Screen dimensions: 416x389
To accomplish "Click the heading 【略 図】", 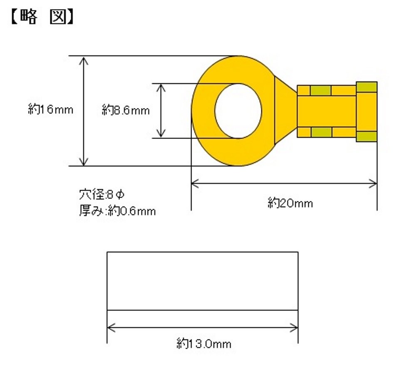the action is [x=42, y=17].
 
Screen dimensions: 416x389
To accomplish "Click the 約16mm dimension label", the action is [x=51, y=109].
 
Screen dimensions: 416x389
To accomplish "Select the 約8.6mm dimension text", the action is [x=126, y=110].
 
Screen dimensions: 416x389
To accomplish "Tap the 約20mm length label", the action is [x=290, y=203].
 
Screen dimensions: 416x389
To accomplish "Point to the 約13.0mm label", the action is [x=204, y=344].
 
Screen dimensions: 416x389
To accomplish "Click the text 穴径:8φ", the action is [x=102, y=195].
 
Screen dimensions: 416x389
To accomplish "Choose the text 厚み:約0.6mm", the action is [x=117, y=211].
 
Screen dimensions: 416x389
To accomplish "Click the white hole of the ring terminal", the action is [x=238, y=111].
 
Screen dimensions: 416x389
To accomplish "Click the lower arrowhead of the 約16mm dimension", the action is [x=84, y=161].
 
